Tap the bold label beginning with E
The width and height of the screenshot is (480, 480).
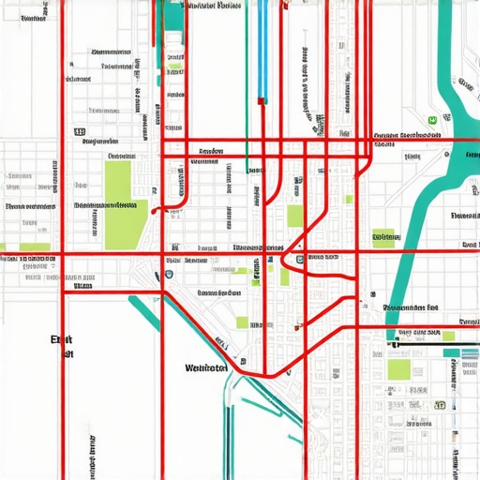61,343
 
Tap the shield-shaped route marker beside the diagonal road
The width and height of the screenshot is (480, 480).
168,275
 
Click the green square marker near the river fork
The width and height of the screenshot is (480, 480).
432,120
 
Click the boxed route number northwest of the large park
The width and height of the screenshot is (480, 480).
80,133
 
